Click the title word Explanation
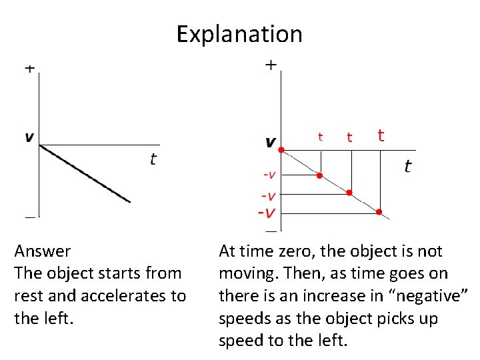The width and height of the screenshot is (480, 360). pos(239,33)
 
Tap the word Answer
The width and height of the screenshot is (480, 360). pos(43,251)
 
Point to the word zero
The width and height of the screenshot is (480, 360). pos(303,251)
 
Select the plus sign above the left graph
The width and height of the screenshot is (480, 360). pos(30,69)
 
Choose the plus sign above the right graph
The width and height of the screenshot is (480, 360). pos(271,65)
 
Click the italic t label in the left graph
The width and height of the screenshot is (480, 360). pos(153,159)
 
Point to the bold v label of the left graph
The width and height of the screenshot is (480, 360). pos(29,137)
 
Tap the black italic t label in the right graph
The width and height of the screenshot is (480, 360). pos(408,165)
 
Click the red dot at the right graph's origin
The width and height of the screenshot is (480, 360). pos(281,149)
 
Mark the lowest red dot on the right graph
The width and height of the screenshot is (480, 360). pos(379,213)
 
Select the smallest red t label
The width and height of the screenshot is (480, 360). pos(321,137)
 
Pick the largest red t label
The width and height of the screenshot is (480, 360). pos(381,135)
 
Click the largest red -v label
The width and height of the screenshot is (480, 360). pos(267,213)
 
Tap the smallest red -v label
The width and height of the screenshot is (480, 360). pos(269,175)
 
